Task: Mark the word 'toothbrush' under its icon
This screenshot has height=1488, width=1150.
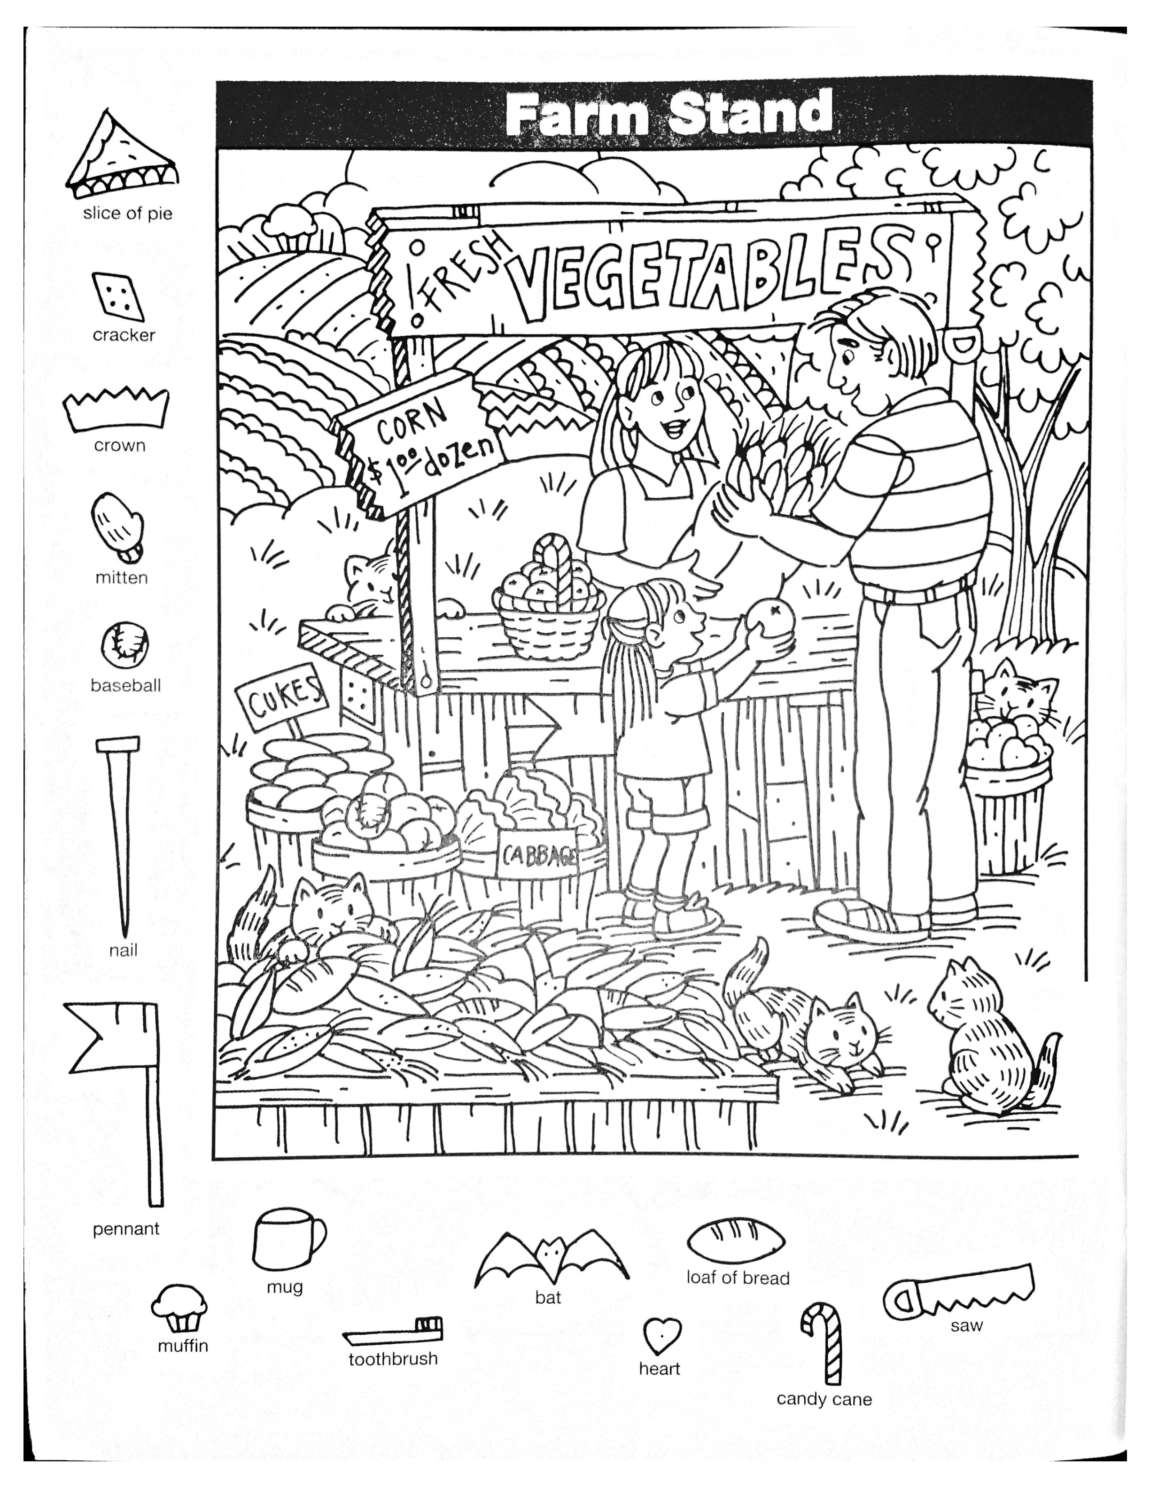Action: tap(393, 1378)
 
